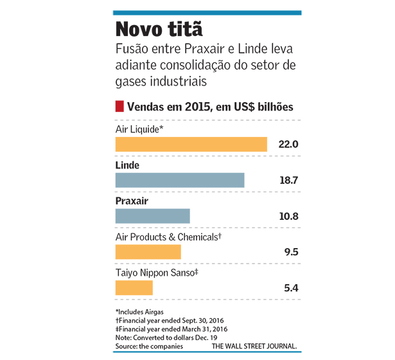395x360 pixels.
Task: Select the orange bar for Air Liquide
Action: [x=191, y=144]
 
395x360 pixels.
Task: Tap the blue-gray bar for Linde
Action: [x=180, y=180]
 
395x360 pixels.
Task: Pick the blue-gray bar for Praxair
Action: [x=152, y=215]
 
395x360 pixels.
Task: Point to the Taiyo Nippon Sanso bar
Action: [x=134, y=287]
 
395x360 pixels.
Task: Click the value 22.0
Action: [x=288, y=144]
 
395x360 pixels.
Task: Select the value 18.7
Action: [x=288, y=180]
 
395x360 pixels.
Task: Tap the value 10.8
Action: [x=288, y=216]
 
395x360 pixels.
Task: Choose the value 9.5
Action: [x=291, y=251]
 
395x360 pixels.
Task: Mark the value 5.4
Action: [x=291, y=287]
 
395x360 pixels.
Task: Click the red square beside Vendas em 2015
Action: [x=119, y=106]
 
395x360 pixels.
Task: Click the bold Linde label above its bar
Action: [x=127, y=165]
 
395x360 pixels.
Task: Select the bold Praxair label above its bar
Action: [x=132, y=201]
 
